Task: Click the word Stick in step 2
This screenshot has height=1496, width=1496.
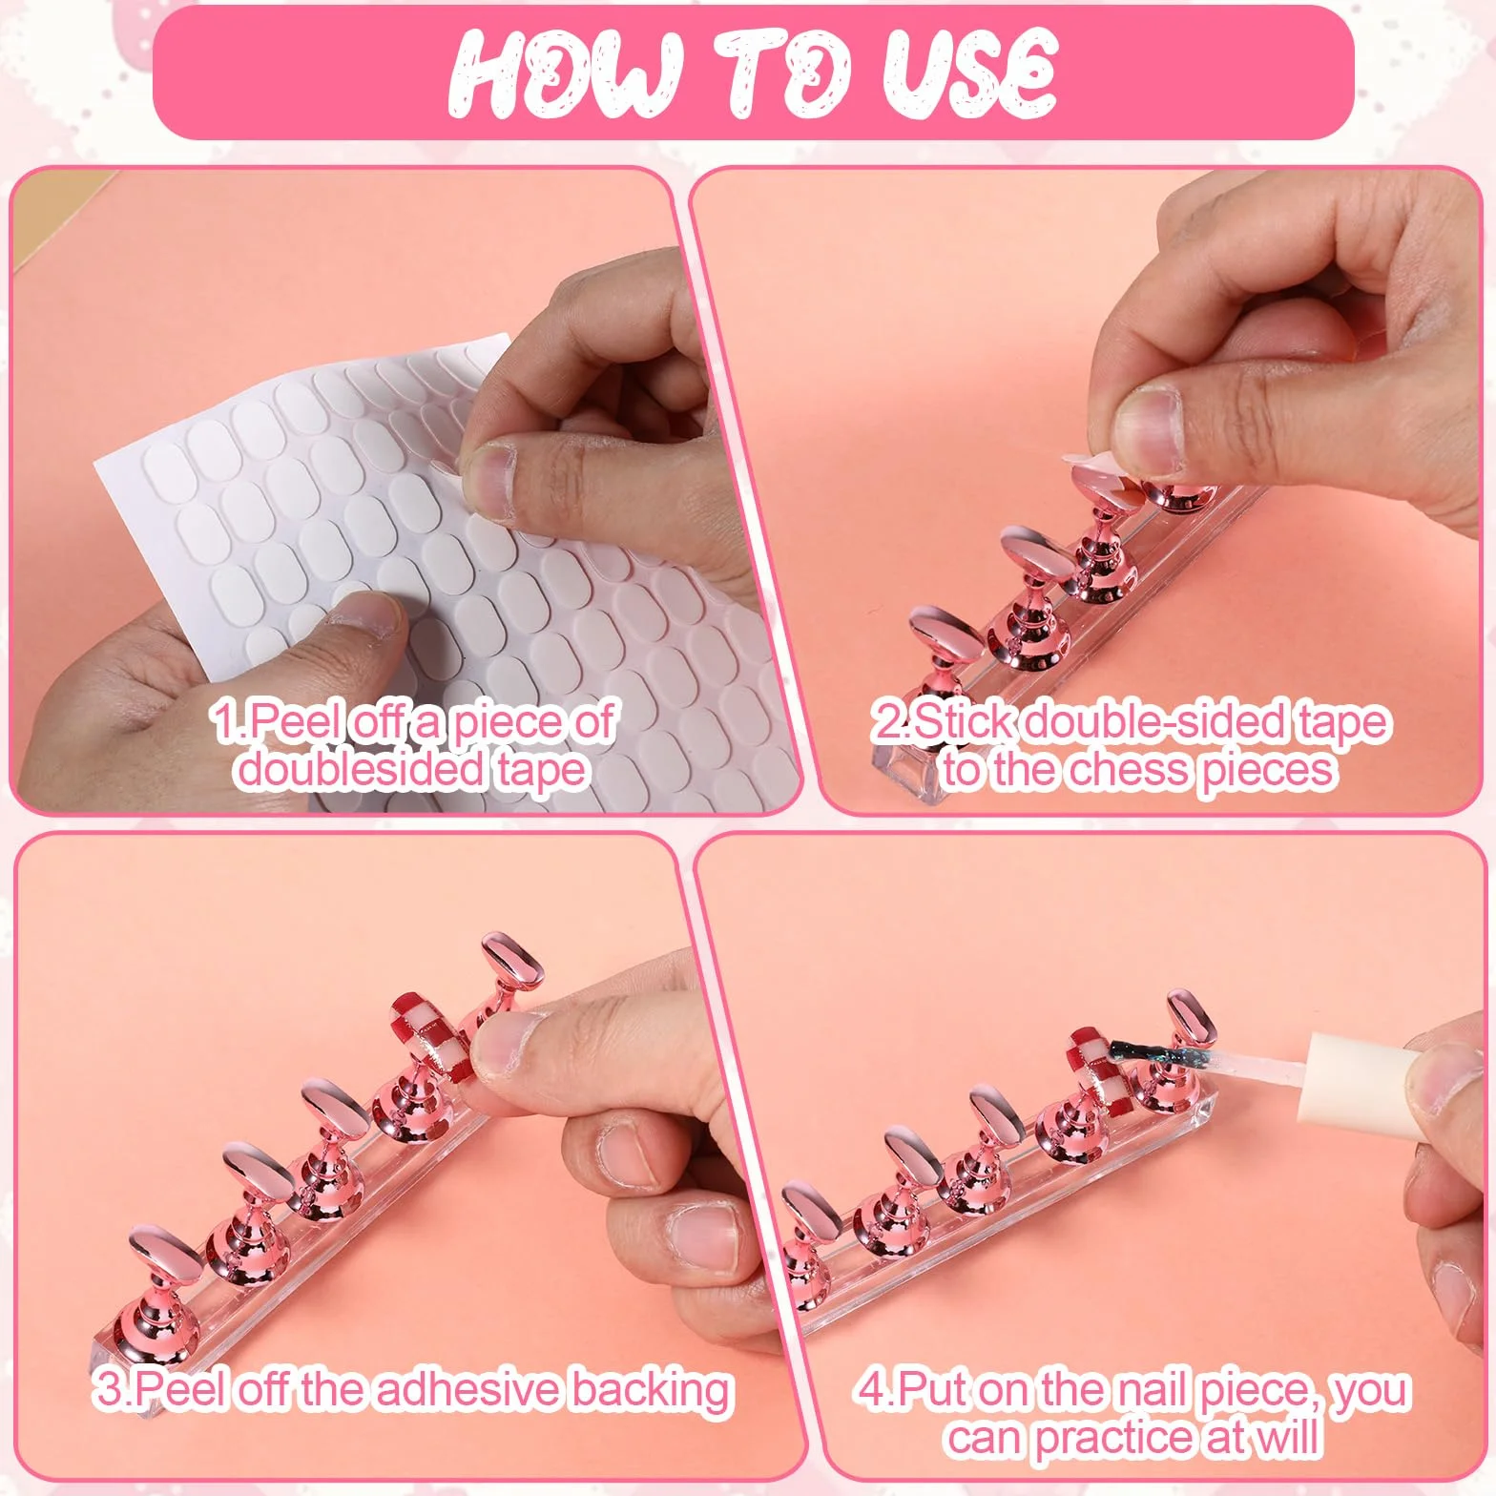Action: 959,721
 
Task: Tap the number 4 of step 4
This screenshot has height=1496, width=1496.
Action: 870,1389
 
